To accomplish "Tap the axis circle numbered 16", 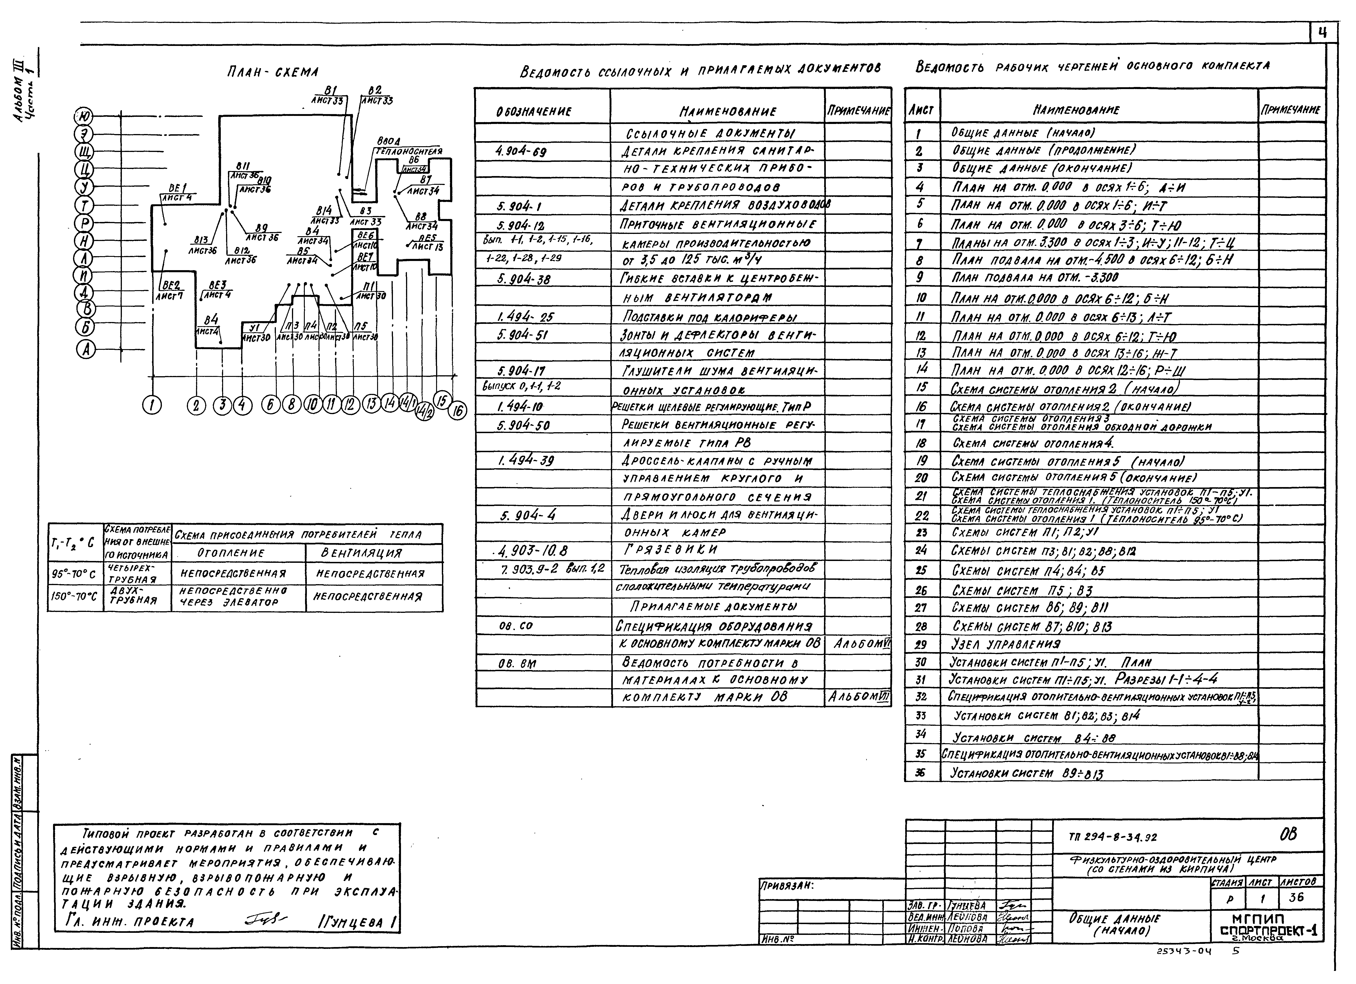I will tap(458, 410).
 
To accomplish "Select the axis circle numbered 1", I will tap(152, 406).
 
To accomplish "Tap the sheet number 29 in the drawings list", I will tap(921, 645).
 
